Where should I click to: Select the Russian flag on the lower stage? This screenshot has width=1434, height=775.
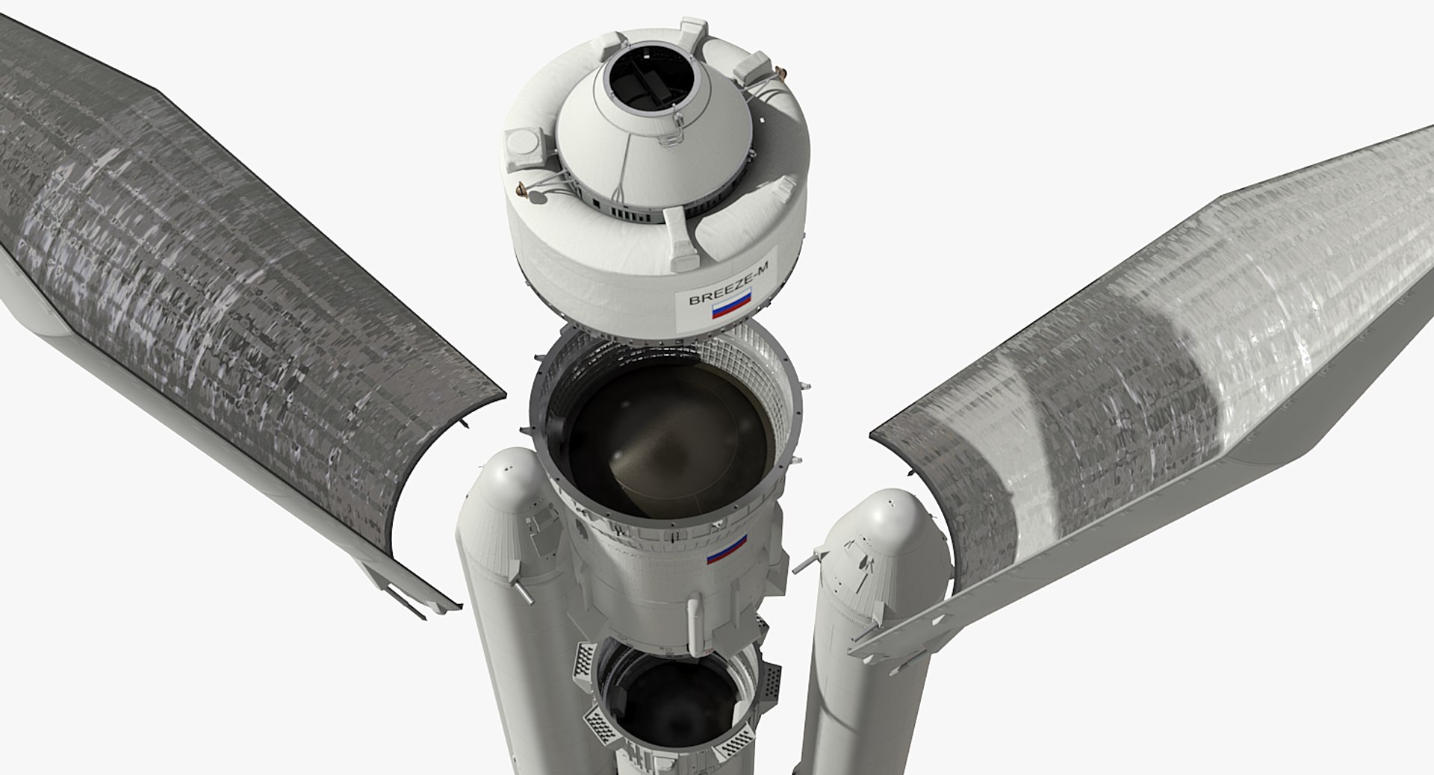pos(727,550)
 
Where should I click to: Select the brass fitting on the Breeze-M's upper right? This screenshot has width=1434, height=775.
pos(781,72)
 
